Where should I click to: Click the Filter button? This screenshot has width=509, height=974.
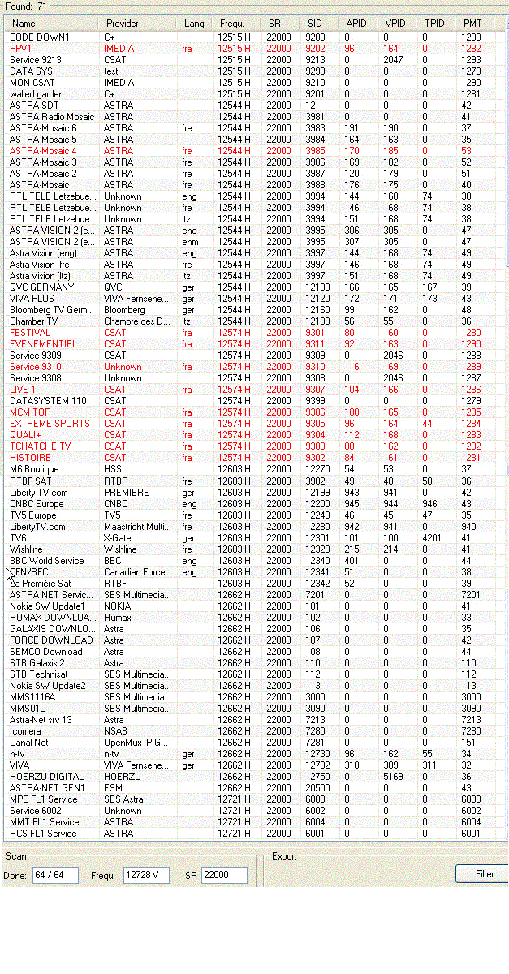click(x=485, y=874)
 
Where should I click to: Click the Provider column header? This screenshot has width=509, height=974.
click(x=123, y=24)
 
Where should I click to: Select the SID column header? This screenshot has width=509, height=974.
click(x=314, y=24)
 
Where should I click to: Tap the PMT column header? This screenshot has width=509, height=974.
click(x=472, y=24)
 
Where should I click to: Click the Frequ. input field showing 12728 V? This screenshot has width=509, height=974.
click(x=146, y=875)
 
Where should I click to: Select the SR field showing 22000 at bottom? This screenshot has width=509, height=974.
click(x=224, y=875)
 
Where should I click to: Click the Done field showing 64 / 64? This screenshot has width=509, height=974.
click(x=55, y=875)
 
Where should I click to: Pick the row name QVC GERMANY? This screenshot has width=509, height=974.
click(x=41, y=287)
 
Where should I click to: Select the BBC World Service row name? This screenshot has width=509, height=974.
click(x=46, y=561)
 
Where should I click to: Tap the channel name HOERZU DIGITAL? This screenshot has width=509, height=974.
click(x=46, y=777)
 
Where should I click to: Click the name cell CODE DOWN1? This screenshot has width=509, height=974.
click(x=40, y=37)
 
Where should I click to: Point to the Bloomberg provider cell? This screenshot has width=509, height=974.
click(x=124, y=310)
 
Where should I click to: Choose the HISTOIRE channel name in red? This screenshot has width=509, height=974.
click(x=30, y=458)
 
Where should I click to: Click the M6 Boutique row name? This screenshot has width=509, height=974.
click(x=34, y=469)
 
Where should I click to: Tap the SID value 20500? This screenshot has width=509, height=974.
click(x=317, y=788)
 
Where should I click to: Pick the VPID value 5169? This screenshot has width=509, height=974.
click(x=393, y=777)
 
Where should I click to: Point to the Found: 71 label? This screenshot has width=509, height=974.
click(x=27, y=6)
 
